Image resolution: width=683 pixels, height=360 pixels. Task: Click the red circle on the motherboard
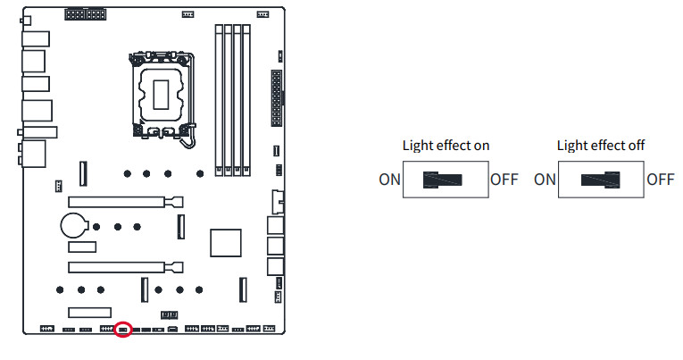point(123,329)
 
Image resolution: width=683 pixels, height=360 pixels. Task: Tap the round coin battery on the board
point(74,223)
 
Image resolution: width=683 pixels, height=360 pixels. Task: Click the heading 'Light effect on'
point(446,145)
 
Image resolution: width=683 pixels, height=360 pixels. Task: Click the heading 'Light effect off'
point(601,145)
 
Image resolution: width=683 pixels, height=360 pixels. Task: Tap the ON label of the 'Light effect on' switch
point(389,179)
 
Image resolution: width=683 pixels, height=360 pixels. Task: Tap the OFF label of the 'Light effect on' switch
point(504,179)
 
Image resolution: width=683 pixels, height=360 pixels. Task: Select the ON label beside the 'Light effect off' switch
point(545,179)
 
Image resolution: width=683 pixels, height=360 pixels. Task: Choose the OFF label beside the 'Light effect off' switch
point(660,179)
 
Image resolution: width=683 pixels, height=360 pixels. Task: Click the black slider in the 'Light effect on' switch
point(443,179)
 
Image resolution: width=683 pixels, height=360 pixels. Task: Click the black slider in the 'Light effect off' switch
point(601,179)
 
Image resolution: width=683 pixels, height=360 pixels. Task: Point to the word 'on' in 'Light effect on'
point(480,145)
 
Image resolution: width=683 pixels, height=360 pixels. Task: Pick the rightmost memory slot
point(249,98)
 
